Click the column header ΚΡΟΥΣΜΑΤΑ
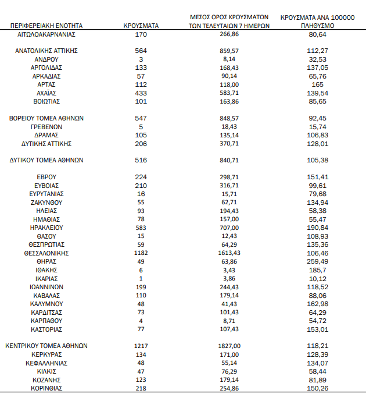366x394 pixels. coord(141,26)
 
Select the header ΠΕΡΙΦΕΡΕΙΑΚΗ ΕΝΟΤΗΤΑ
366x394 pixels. coord(46,26)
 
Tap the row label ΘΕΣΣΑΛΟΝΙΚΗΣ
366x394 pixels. coord(46,253)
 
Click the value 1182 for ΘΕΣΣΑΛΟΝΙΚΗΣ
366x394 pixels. coord(141,253)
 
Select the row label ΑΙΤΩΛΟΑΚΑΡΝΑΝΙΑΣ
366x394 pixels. coord(46,34)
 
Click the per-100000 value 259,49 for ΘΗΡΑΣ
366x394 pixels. coord(317,261)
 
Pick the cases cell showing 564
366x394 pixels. coord(141,51)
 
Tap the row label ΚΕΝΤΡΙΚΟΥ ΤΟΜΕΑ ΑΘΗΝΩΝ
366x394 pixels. coord(46,346)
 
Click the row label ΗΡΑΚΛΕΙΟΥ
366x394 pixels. coord(46,228)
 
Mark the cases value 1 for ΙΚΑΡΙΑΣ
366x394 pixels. coord(141,278)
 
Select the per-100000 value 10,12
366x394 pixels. coord(317,278)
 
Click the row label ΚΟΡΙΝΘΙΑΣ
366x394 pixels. coord(46,388)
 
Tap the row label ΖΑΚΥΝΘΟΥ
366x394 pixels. coord(46,203)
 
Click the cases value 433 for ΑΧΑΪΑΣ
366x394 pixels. coord(141,93)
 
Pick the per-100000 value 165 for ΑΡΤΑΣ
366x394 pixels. coord(317,84)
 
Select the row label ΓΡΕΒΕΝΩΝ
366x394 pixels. coord(46,126)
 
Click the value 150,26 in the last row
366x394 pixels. coord(317,388)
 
